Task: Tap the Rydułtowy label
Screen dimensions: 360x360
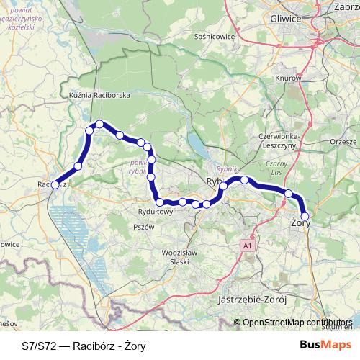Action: click(x=156, y=212)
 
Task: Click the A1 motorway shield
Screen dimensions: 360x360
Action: click(x=248, y=246)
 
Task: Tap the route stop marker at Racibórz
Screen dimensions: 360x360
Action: click(x=55, y=185)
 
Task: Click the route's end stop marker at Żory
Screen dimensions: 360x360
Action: click(x=305, y=216)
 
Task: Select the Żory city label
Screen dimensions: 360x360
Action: click(x=299, y=225)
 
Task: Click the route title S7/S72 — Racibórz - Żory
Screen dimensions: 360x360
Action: click(x=84, y=346)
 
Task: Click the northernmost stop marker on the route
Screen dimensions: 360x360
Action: click(x=99, y=124)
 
